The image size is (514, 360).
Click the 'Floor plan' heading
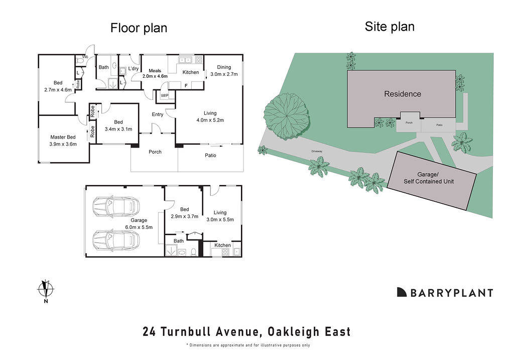pos(139,28)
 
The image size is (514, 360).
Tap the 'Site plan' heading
pos(390,27)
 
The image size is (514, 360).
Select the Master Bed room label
pos(63,141)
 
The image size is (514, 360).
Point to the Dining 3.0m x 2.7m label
pos(224,70)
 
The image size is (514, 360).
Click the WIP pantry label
pos(165,95)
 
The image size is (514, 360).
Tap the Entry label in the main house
pos(158,114)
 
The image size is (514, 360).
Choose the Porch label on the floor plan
pos(155,152)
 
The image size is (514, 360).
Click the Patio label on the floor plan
pos(210,155)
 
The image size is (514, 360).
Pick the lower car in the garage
pos(116,239)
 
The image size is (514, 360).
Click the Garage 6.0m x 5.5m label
pos(139,223)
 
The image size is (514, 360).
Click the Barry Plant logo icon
pos(402,292)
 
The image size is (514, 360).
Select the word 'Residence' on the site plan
pos(403,94)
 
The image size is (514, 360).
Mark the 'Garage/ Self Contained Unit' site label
pos(429,178)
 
